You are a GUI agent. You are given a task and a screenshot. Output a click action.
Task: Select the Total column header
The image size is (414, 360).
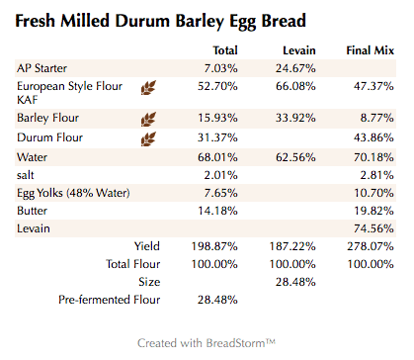tap(224, 49)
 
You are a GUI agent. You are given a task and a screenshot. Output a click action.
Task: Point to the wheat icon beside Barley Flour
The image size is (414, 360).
tap(150, 119)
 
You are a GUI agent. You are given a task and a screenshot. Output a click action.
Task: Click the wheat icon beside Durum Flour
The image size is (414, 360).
tap(150, 137)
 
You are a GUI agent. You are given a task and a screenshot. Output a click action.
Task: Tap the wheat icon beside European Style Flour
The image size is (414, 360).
tap(150, 88)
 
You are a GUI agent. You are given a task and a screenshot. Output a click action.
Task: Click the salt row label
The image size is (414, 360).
tap(28, 175)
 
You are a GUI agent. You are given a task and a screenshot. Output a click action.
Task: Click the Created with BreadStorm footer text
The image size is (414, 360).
tap(207, 342)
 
